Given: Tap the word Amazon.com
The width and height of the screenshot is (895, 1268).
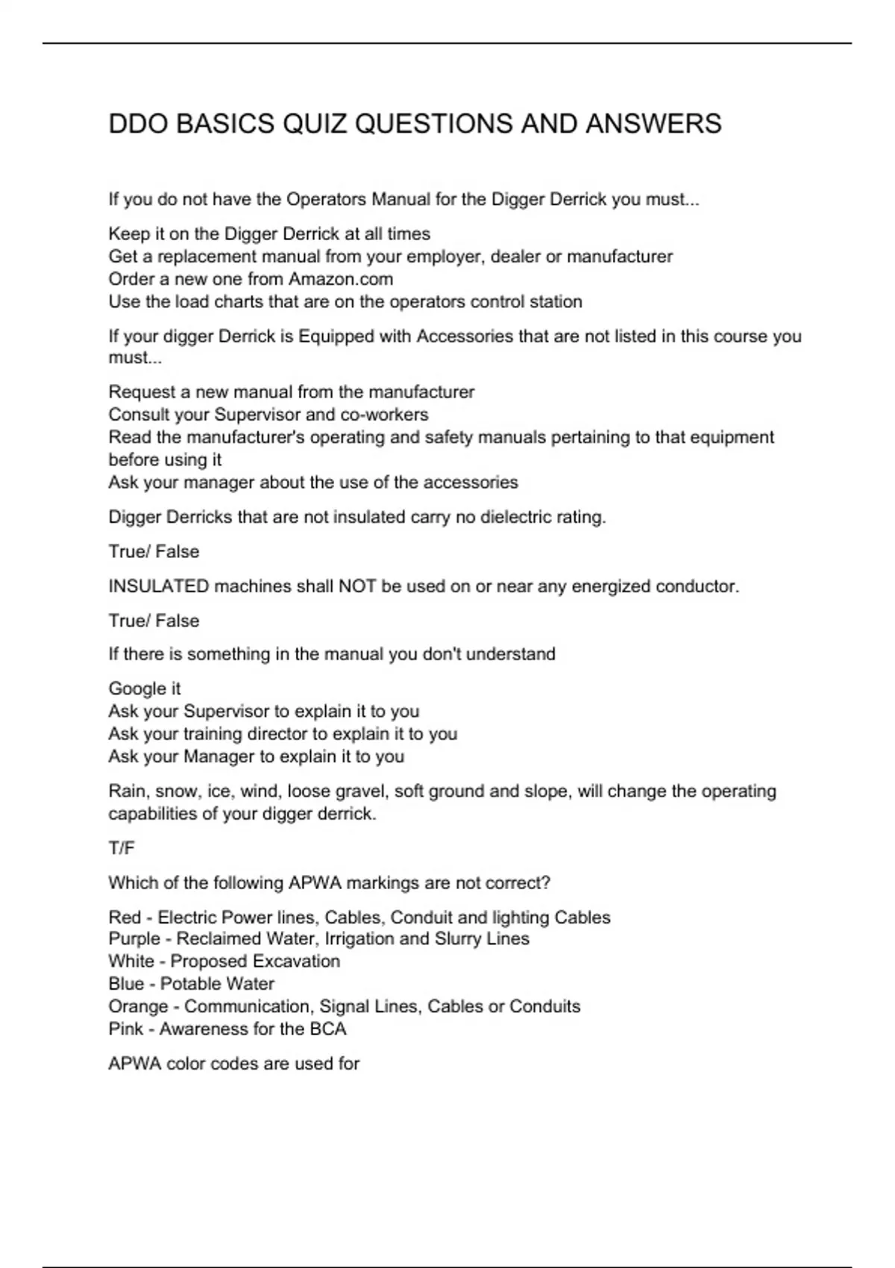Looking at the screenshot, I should point(341,279).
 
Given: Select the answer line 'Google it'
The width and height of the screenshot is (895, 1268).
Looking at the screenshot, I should point(145,688).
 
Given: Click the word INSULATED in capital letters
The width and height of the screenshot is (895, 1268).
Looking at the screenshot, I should point(159,586).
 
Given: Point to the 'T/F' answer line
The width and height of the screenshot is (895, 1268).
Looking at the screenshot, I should point(122,848).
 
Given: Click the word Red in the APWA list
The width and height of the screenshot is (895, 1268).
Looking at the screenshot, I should point(124,917).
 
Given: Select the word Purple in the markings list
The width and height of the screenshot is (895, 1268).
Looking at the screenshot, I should point(134,938).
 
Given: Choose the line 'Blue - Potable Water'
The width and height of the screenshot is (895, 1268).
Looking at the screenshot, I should point(191,984).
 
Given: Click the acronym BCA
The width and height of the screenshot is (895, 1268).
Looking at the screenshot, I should point(328,1029).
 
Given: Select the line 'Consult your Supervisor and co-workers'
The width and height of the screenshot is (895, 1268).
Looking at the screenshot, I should point(268,414).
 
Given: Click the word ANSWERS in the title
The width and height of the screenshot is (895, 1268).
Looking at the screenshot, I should point(653,124).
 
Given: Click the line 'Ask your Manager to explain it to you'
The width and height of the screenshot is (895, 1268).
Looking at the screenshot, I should point(257,756).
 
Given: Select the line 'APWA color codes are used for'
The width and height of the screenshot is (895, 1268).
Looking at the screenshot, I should point(234,1063).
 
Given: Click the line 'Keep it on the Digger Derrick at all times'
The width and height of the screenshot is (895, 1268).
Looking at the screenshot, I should point(269,234).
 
